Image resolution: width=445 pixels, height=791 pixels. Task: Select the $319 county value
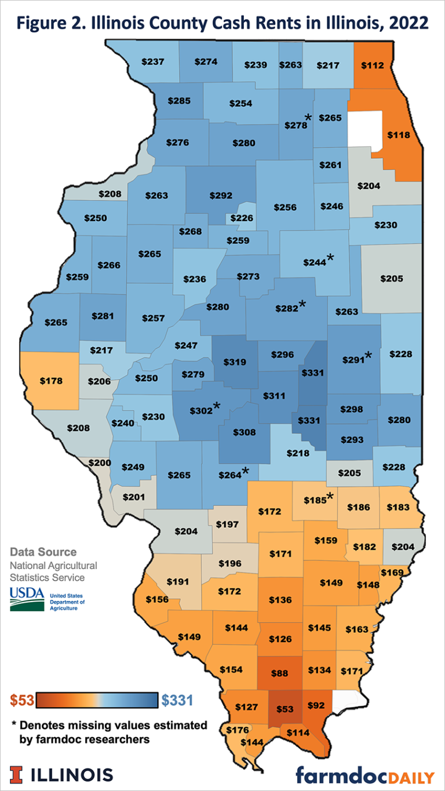pyautogui.click(x=235, y=362)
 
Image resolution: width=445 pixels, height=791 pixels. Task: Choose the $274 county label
pyautogui.click(x=206, y=61)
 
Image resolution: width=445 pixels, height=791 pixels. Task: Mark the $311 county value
pyautogui.click(x=274, y=396)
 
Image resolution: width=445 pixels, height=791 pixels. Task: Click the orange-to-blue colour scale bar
pyautogui.click(x=98, y=700)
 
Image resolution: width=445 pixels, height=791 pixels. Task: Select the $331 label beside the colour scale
pyautogui.click(x=177, y=700)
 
